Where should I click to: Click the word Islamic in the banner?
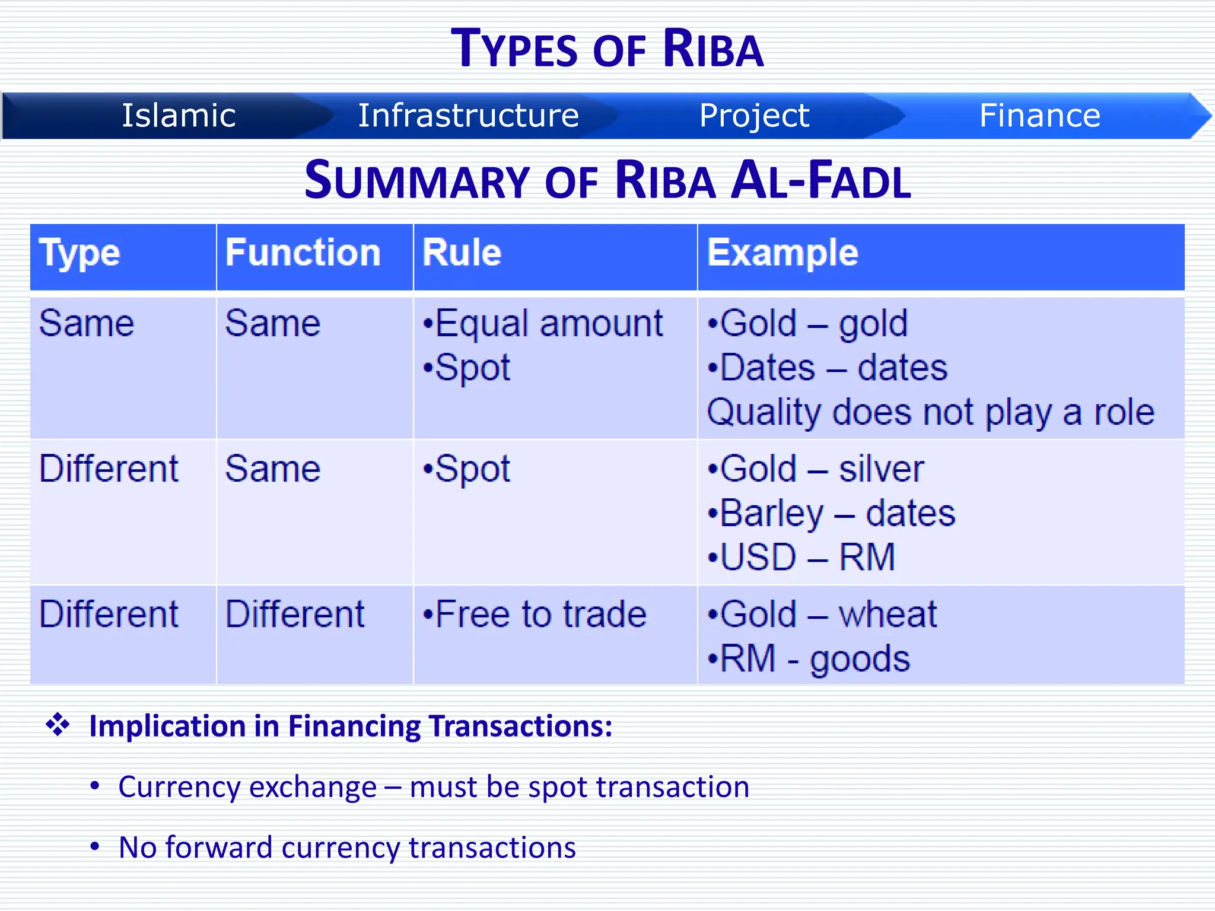click(179, 115)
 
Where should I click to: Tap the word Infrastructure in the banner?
click(468, 115)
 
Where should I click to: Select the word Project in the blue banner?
click(754, 115)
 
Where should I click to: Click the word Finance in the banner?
click(1039, 115)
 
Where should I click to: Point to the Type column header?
click(79, 254)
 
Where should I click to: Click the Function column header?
click(303, 253)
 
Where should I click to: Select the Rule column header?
click(462, 253)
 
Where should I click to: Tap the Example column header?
click(783, 253)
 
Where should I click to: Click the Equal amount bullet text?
click(548, 324)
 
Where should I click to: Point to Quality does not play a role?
click(930, 412)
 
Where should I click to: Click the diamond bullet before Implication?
click(58, 725)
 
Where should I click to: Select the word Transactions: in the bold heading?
click(520, 726)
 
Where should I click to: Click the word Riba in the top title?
click(713, 49)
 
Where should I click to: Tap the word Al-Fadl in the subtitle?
click(821, 180)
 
